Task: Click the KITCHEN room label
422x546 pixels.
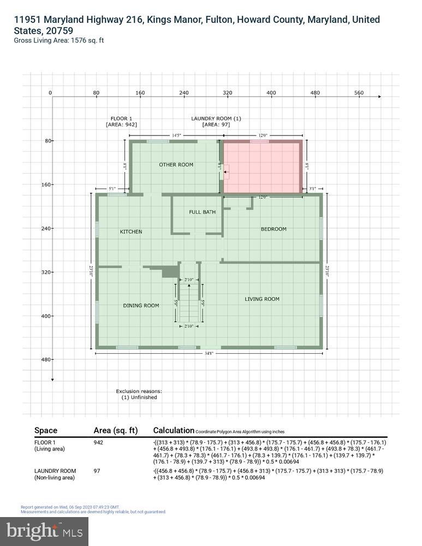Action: tap(131, 232)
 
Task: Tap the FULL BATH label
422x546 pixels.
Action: tap(202, 212)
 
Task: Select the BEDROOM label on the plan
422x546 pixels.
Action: tap(273, 229)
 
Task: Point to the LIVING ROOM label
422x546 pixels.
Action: tap(262, 299)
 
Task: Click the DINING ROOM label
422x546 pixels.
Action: tap(141, 305)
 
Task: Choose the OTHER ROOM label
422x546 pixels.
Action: tap(176, 164)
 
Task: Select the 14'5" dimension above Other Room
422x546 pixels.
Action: tap(176, 135)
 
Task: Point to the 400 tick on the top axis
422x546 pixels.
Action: tap(271, 93)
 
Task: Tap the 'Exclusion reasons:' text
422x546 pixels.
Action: tap(139, 391)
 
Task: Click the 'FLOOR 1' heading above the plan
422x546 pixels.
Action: tap(121, 118)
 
